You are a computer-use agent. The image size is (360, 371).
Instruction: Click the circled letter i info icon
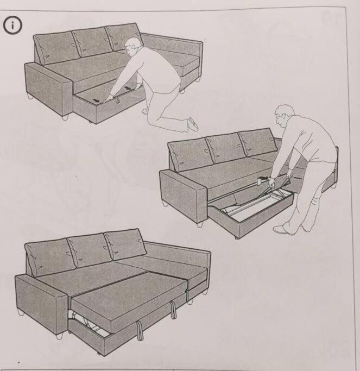(12, 26)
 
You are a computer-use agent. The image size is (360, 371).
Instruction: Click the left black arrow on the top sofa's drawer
(96, 101)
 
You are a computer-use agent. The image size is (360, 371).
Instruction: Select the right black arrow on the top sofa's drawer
(128, 88)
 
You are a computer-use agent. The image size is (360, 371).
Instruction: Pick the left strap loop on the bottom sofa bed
(140, 331)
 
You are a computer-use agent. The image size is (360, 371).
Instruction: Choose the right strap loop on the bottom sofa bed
(173, 310)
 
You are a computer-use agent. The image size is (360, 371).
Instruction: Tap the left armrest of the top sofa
(48, 90)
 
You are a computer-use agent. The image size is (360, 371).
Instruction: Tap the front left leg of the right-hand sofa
(200, 224)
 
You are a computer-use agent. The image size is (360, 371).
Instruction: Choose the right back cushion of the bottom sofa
(125, 244)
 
